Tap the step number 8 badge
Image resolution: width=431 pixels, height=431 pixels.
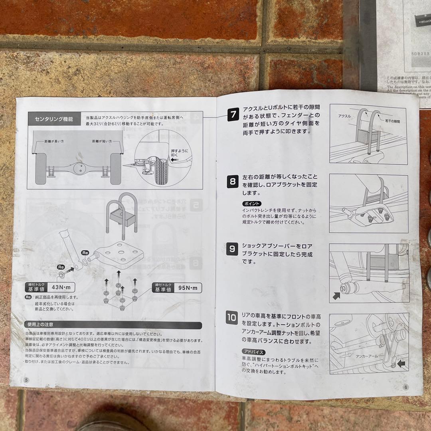[233, 182]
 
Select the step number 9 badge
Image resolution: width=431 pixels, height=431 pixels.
[232, 249]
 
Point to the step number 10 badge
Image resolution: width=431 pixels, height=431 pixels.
[231, 318]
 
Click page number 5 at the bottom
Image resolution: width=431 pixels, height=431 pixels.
[26, 380]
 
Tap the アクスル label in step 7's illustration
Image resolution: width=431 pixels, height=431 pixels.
[344, 115]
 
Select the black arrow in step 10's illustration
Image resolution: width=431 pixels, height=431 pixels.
[401, 364]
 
